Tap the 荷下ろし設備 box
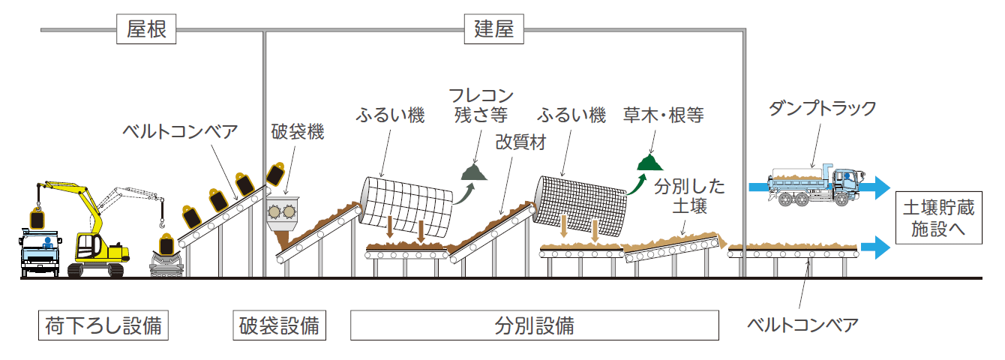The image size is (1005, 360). (103, 326)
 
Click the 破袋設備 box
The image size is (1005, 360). (279, 326)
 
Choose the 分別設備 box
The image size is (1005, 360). (534, 326)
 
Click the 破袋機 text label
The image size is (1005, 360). (297, 133)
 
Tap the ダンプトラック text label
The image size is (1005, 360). (822, 108)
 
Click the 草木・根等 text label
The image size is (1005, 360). (664, 115)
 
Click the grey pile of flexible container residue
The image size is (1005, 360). (475, 172)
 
